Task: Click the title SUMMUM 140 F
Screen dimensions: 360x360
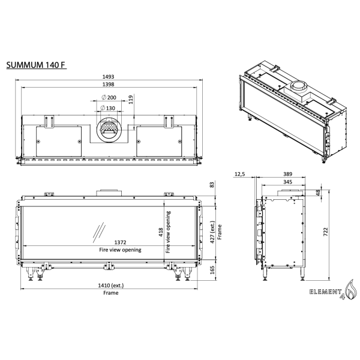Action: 35,65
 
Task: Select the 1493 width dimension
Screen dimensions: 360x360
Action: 109,77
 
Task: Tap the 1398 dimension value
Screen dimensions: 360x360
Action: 109,85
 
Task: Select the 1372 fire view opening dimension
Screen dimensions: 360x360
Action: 108,243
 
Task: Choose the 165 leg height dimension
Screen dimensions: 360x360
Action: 212,270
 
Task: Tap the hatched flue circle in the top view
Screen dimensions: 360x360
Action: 109,129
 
